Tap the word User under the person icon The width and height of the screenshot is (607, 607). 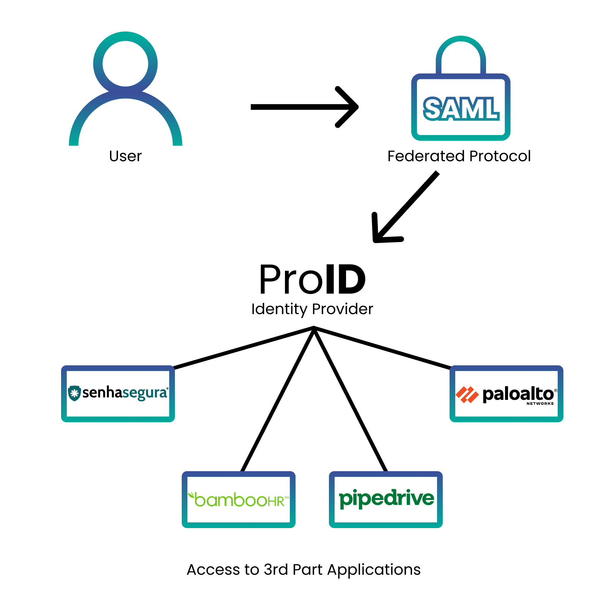(125, 156)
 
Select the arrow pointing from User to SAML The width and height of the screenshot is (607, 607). (304, 107)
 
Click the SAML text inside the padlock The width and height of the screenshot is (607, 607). (461, 109)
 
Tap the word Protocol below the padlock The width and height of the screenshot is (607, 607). (500, 156)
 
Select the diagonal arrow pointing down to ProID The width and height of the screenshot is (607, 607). (405, 208)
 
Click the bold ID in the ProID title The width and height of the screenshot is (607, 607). (345, 280)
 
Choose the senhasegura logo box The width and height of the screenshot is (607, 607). (118, 394)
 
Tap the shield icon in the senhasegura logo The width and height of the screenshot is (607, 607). (74, 393)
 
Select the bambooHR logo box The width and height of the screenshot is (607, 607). (239, 500)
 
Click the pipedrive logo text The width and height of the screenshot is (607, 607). (386, 498)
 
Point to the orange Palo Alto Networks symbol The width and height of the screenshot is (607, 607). (467, 395)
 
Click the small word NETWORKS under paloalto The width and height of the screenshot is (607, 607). (540, 404)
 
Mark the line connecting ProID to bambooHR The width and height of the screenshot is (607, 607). (278, 399)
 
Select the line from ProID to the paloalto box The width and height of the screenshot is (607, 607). (382, 348)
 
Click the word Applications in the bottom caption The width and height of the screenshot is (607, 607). (374, 570)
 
